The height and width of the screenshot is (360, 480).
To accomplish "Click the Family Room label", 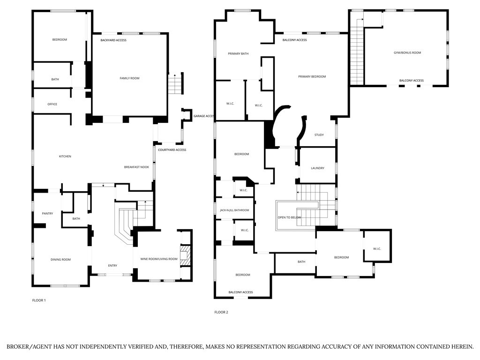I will tap(129, 78).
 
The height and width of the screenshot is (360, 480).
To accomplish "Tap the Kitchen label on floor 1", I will tap(65, 156).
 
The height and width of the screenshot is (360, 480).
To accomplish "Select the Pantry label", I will tap(47, 214).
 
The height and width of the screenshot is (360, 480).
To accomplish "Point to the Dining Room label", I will tap(60, 259).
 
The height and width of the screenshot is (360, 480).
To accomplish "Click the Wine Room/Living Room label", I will tap(159, 259).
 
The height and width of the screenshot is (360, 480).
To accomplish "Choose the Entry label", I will tap(112, 266).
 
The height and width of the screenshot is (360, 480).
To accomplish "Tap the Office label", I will tap(52, 104).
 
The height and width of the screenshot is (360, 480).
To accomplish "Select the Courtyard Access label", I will tap(172, 150).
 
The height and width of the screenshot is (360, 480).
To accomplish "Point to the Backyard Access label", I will tap(113, 40).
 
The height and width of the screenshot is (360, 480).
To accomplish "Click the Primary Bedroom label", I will tap(312, 76).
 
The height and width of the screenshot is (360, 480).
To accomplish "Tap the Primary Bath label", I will tap(238, 54).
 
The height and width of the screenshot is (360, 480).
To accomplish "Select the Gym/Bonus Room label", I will tap(407, 52).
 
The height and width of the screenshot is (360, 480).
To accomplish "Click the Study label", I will tap(319, 135).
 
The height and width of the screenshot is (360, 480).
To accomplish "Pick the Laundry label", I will tap(317, 168).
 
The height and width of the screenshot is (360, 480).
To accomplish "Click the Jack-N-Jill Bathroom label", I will tap(234, 210).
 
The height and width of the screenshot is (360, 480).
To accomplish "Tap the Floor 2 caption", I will tap(221, 312).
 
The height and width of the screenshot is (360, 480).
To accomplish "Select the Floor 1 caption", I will tap(38, 300).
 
